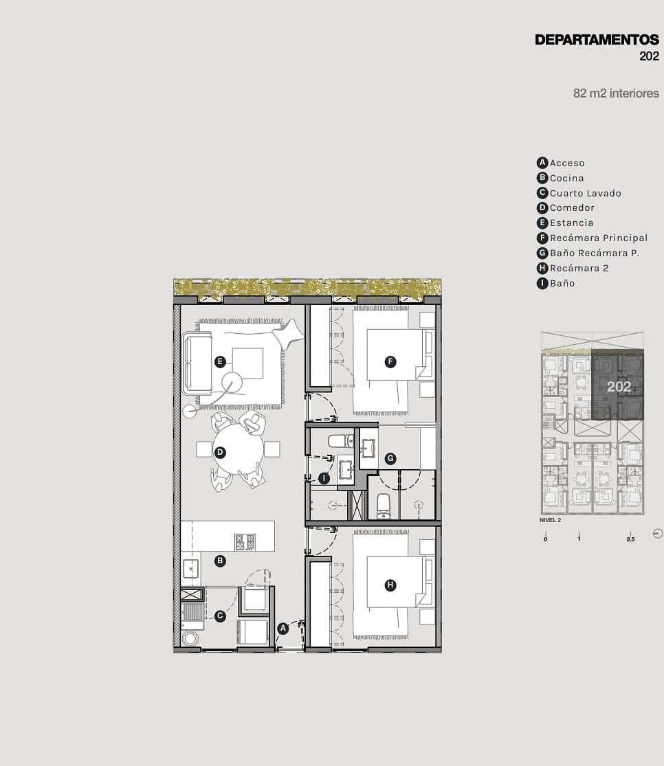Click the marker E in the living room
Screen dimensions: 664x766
[220, 362]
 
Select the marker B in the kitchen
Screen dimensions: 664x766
[220, 561]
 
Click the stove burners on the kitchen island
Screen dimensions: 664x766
[245, 542]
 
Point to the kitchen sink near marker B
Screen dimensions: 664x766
[190, 569]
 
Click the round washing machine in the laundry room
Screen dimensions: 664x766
[190, 638]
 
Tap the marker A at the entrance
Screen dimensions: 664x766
[283, 629]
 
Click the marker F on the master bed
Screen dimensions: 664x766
[390, 362]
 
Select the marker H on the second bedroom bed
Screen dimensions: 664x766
[390, 585]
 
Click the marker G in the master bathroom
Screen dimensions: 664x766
[390, 459]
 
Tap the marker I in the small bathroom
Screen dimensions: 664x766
[324, 479]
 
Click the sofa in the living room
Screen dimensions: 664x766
[197, 363]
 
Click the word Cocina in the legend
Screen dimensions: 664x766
[566, 179]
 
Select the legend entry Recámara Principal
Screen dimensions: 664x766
[599, 238]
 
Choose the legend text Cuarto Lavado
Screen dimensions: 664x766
[585, 193]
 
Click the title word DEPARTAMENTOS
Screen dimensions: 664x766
[597, 40]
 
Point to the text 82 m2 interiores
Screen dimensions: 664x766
[616, 93]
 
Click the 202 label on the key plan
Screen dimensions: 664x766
[619, 387]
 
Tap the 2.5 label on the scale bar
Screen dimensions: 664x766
[630, 539]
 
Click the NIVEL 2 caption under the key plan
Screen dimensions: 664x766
[550, 520]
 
